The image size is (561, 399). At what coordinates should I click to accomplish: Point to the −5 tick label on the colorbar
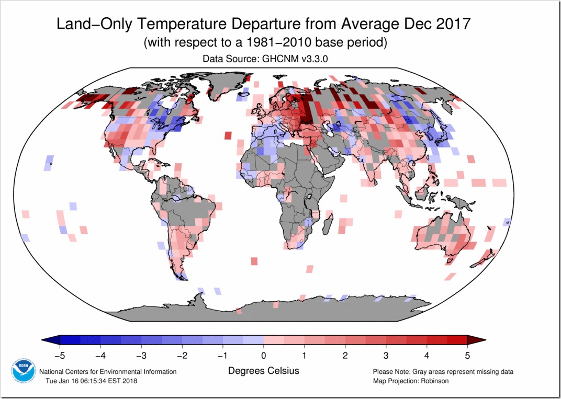pos(57,356)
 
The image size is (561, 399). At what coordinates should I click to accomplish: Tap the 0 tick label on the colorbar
pos(264,356)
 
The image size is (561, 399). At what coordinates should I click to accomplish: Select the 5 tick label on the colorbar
pos(467,356)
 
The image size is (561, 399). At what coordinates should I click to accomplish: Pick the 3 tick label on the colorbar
pos(386,356)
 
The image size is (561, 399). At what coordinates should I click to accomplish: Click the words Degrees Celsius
pos(264,370)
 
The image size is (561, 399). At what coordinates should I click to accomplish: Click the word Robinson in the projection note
pos(434,381)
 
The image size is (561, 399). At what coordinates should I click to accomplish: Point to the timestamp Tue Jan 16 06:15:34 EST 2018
pos(91,381)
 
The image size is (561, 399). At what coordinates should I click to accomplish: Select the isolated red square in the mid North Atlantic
pos(228,135)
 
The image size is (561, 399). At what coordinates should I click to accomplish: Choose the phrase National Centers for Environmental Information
pos(108,372)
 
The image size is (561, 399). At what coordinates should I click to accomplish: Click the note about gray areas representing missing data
pos(443,372)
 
